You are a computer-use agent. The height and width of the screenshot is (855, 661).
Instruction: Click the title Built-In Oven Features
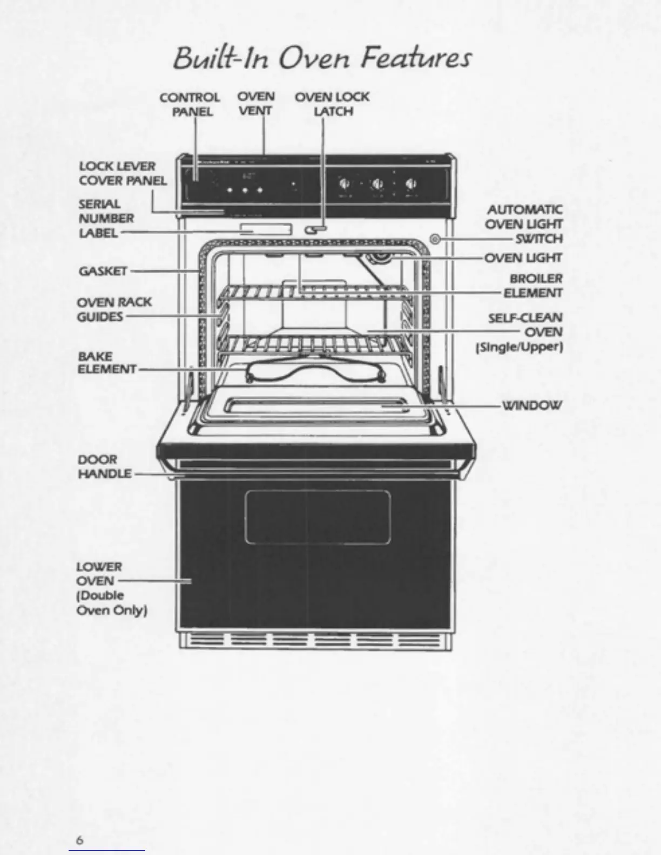(322, 58)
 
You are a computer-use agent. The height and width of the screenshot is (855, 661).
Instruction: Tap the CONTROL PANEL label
(190, 105)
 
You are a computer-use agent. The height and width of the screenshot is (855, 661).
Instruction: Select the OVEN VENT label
(256, 104)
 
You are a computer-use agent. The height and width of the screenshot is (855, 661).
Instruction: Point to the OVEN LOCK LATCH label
(332, 104)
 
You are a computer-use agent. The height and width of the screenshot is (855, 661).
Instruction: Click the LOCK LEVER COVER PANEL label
(123, 173)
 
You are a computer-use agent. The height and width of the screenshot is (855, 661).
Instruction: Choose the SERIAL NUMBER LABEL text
(106, 219)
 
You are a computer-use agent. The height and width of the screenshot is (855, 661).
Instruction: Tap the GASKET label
(103, 271)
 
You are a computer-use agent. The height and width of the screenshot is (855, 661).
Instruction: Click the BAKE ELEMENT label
(106, 363)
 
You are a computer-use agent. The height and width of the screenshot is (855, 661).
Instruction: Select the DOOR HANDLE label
(105, 467)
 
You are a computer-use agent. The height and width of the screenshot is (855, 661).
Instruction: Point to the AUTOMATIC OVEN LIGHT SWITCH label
(523, 224)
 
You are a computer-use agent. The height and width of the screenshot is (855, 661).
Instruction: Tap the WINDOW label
(532, 405)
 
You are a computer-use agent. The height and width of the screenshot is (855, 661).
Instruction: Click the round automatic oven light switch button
(435, 239)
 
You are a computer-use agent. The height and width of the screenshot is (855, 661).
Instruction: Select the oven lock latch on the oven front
(315, 230)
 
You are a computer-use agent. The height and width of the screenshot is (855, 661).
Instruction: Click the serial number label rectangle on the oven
(266, 229)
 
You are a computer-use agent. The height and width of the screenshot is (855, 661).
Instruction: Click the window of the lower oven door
(318, 517)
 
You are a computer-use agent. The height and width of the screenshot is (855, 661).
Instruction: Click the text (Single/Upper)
(519, 347)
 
